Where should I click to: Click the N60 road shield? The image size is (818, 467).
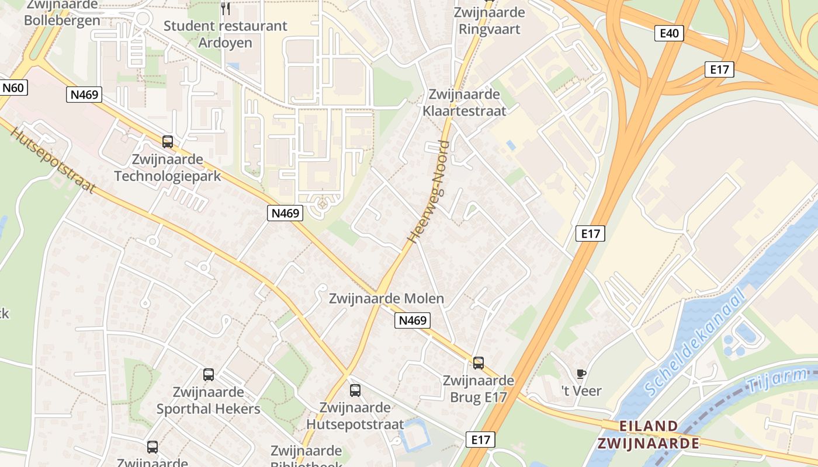point(13,88)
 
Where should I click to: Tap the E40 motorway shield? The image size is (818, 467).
point(669,33)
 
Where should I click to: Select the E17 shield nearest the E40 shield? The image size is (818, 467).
point(719,69)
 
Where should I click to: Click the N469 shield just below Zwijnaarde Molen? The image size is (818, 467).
point(413,320)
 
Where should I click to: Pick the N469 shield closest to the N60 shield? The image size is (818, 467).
point(84,95)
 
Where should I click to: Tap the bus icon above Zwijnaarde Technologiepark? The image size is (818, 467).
point(168,141)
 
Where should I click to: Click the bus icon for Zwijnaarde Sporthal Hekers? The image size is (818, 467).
point(209,375)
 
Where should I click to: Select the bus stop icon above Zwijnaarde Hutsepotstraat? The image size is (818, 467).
point(355,391)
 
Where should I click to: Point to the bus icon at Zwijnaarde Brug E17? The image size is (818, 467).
point(479,363)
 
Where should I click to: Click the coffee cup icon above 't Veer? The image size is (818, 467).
point(581,374)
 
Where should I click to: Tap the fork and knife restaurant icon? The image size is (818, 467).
point(226,9)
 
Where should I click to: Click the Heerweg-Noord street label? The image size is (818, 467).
point(427,192)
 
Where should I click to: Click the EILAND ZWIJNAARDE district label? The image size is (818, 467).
point(648,434)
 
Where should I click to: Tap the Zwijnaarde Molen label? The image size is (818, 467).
point(386,299)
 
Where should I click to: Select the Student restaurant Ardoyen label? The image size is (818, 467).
point(226,34)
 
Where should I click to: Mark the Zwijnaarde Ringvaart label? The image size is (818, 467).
point(490,20)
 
